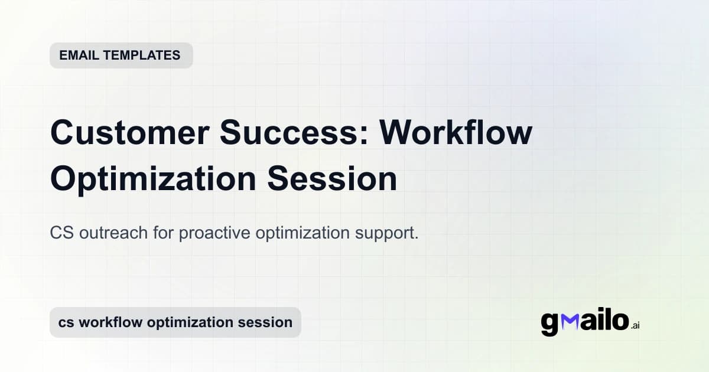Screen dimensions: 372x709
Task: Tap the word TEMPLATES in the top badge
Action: click(142, 56)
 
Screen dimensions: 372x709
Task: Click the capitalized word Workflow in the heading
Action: click(456, 133)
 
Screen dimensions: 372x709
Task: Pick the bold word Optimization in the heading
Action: click(153, 180)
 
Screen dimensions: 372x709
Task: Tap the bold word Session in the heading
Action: click(332, 180)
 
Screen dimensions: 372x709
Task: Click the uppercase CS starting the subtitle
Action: click(60, 233)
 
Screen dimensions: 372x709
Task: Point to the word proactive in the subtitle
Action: click(214, 233)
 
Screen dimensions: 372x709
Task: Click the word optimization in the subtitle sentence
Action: click(302, 233)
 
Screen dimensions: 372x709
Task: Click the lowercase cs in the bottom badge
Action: click(65, 322)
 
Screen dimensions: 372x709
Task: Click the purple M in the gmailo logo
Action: click(570, 322)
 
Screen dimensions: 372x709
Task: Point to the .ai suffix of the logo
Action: click(635, 325)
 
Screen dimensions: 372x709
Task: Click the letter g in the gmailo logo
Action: click(549, 324)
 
